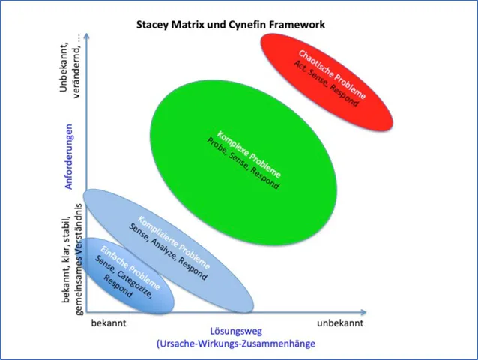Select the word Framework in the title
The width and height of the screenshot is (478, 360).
click(x=299, y=24)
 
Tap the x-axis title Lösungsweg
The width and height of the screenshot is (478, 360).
click(x=235, y=331)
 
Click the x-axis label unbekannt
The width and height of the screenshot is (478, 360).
click(x=339, y=322)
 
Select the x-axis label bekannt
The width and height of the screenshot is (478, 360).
click(x=109, y=322)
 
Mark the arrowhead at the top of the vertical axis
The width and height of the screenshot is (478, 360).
click(x=87, y=34)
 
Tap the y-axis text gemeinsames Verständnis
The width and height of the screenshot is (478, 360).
click(x=79, y=267)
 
